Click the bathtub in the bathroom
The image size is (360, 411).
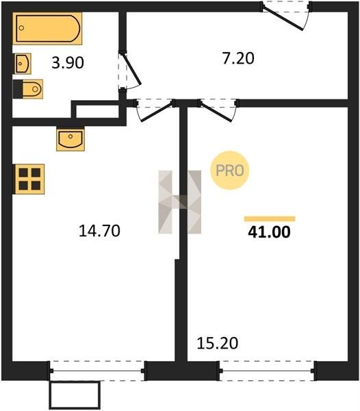(x=47, y=28)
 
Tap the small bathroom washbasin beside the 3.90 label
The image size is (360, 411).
(x=23, y=64)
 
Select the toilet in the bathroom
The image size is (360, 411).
(x=28, y=89)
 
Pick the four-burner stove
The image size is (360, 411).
(x=29, y=179)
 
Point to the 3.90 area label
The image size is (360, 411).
(x=68, y=63)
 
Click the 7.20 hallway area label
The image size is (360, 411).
(x=238, y=58)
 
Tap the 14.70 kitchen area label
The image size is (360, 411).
(x=99, y=231)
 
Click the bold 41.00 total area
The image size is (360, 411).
(x=269, y=232)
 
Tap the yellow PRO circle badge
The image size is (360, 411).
(x=230, y=171)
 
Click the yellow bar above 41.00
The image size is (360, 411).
(x=270, y=219)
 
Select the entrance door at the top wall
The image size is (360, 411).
(x=286, y=15)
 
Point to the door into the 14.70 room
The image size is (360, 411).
(x=155, y=110)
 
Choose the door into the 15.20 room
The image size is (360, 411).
(x=218, y=110)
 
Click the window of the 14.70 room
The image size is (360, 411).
(x=97, y=371)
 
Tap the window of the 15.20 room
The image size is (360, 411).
(x=267, y=371)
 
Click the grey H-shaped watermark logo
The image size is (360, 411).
(x=180, y=202)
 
